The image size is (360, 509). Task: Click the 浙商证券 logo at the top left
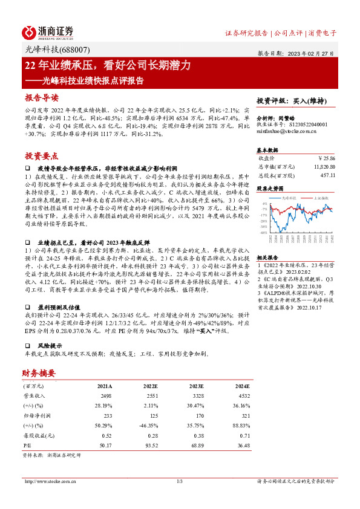click(x=49, y=31)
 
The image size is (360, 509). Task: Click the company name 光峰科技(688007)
click(x=47, y=51)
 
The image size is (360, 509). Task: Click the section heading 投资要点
click(x=41, y=155)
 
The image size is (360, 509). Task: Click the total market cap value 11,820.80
click(x=324, y=166)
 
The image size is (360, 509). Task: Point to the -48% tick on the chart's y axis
click(x=263, y=232)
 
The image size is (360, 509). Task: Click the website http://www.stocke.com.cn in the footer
click(x=49, y=481)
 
